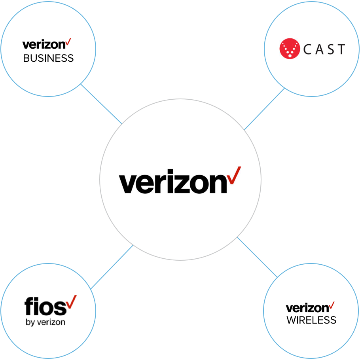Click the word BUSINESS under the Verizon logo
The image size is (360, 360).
(x=48, y=59)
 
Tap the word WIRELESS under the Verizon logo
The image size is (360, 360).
(x=311, y=320)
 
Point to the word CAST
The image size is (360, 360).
(x=324, y=49)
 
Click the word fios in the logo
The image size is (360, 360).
(x=44, y=307)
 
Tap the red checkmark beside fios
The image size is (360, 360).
(x=71, y=301)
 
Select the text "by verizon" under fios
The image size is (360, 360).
(x=45, y=322)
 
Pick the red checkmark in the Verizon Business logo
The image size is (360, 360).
(x=68, y=42)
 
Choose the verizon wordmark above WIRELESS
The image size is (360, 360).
(x=307, y=308)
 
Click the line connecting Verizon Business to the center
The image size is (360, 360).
(x=101, y=104)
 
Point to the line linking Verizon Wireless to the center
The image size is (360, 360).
(x=256, y=256)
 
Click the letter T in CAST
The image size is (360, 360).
(x=341, y=49)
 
